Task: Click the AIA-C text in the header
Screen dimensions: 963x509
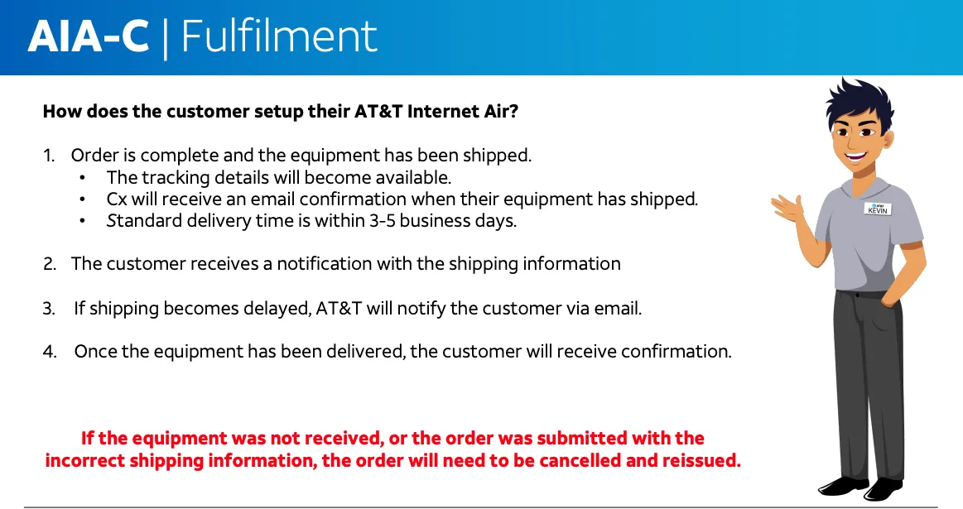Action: [x=88, y=37]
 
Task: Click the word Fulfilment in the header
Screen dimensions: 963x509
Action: [x=279, y=36]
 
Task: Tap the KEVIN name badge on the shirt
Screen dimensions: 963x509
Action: [x=878, y=209]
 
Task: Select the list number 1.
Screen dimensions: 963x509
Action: [x=49, y=156]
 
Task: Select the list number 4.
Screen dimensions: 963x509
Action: [x=50, y=352]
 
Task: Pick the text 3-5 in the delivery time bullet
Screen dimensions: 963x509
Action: [x=382, y=220]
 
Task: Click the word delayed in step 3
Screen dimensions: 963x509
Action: [x=277, y=308]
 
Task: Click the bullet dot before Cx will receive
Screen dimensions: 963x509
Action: [x=82, y=199]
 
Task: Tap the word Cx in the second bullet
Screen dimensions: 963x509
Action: [x=116, y=199]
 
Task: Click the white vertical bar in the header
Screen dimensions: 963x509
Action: [x=166, y=37]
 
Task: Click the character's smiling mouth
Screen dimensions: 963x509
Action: [x=855, y=155]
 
